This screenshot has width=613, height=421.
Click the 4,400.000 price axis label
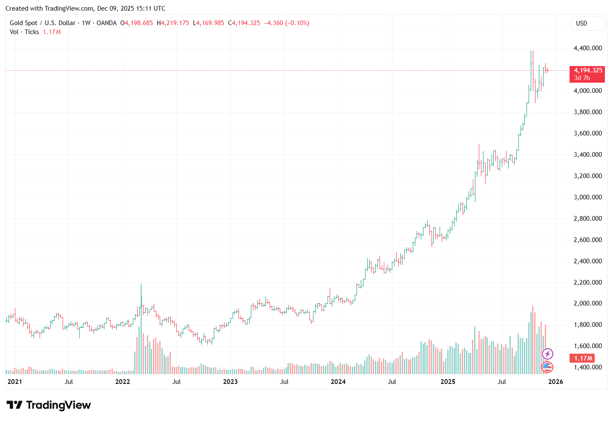[588, 48]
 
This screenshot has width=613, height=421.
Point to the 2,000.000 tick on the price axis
[588, 303]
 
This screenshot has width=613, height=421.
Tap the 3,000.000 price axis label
[588, 197]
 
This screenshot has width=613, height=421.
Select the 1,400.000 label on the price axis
[588, 367]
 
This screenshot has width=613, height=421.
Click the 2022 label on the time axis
[123, 382]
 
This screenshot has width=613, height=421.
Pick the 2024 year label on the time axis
[338, 382]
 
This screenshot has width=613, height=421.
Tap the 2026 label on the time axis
[555, 382]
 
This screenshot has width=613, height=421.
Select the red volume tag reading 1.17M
[583, 358]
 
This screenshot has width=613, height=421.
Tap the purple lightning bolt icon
[547, 354]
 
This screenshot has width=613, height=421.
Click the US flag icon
[547, 366]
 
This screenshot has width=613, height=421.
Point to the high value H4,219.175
[173, 23]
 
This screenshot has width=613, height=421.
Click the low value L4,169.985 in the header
[209, 23]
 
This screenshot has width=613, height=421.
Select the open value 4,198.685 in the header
[137, 23]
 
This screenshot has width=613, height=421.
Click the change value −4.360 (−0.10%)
[287, 23]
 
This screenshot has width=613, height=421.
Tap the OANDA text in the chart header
[106, 23]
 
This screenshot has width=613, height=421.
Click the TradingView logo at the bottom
[49, 405]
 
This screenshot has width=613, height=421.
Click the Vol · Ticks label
[24, 32]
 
